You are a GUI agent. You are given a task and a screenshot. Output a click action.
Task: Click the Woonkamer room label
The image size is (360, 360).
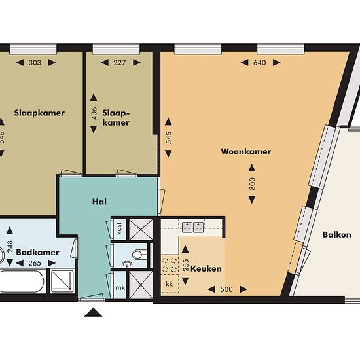tap(246, 152)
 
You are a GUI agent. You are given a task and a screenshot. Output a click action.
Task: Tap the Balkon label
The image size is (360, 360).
tap(337, 234)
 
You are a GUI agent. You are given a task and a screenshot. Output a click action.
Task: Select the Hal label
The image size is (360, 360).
tap(99, 202)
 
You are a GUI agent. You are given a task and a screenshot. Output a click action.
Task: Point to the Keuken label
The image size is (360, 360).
tap(206, 269)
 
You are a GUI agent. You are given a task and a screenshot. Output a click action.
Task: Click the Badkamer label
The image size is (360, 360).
tap(38, 252)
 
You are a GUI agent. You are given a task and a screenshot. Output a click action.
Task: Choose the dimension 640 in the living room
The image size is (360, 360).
tap(260, 63)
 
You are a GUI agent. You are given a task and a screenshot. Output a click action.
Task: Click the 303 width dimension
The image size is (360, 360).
tap(35, 63)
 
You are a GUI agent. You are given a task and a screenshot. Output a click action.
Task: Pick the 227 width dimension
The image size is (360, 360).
tap(120, 63)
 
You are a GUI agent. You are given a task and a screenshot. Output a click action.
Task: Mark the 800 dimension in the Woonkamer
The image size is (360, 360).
tap(252, 184)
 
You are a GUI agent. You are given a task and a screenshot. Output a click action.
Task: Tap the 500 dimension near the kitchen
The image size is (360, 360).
tap(226, 289)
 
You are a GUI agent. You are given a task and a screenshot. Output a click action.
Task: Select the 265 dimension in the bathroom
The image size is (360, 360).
tap(35, 263)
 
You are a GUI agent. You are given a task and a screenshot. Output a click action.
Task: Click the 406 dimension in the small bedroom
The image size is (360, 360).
tap(94, 113)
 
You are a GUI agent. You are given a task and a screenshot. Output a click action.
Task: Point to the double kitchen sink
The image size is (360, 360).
tap(193, 227)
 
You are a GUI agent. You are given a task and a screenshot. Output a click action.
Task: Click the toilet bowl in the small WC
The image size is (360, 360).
tap(139, 255)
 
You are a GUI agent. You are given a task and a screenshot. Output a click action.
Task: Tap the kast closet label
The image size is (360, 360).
tap(119, 228)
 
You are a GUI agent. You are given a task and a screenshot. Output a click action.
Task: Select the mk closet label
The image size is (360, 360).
tap(120, 287)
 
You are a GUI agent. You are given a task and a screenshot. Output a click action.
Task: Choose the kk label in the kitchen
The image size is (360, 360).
tap(170, 284)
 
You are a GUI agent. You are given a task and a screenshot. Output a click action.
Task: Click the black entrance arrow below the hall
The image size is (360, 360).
tap(93, 312)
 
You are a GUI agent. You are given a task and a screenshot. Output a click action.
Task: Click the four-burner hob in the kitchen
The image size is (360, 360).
tap(170, 264)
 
